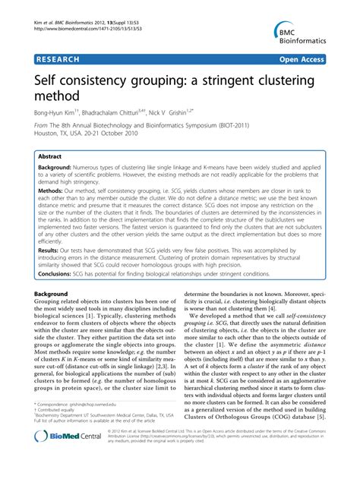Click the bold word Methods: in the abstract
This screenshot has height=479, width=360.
[58, 190]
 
